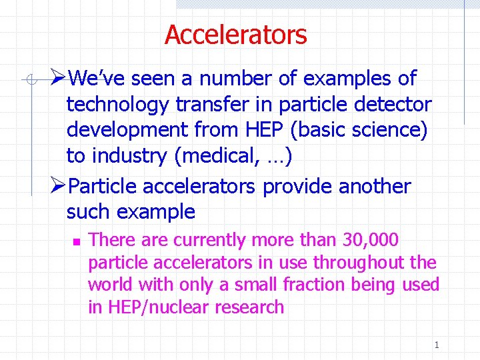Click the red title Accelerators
point(235,35)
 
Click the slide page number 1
point(436,345)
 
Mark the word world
point(110,285)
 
